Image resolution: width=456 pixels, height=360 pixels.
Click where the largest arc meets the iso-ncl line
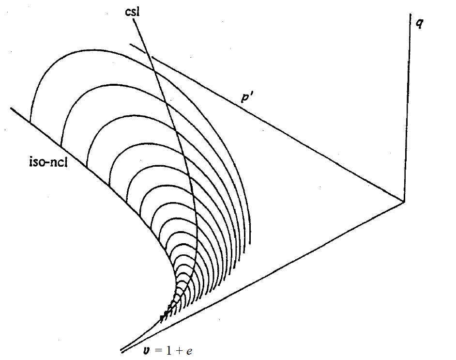(30, 122)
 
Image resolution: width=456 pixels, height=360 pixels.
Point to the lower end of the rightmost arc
(250, 242)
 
